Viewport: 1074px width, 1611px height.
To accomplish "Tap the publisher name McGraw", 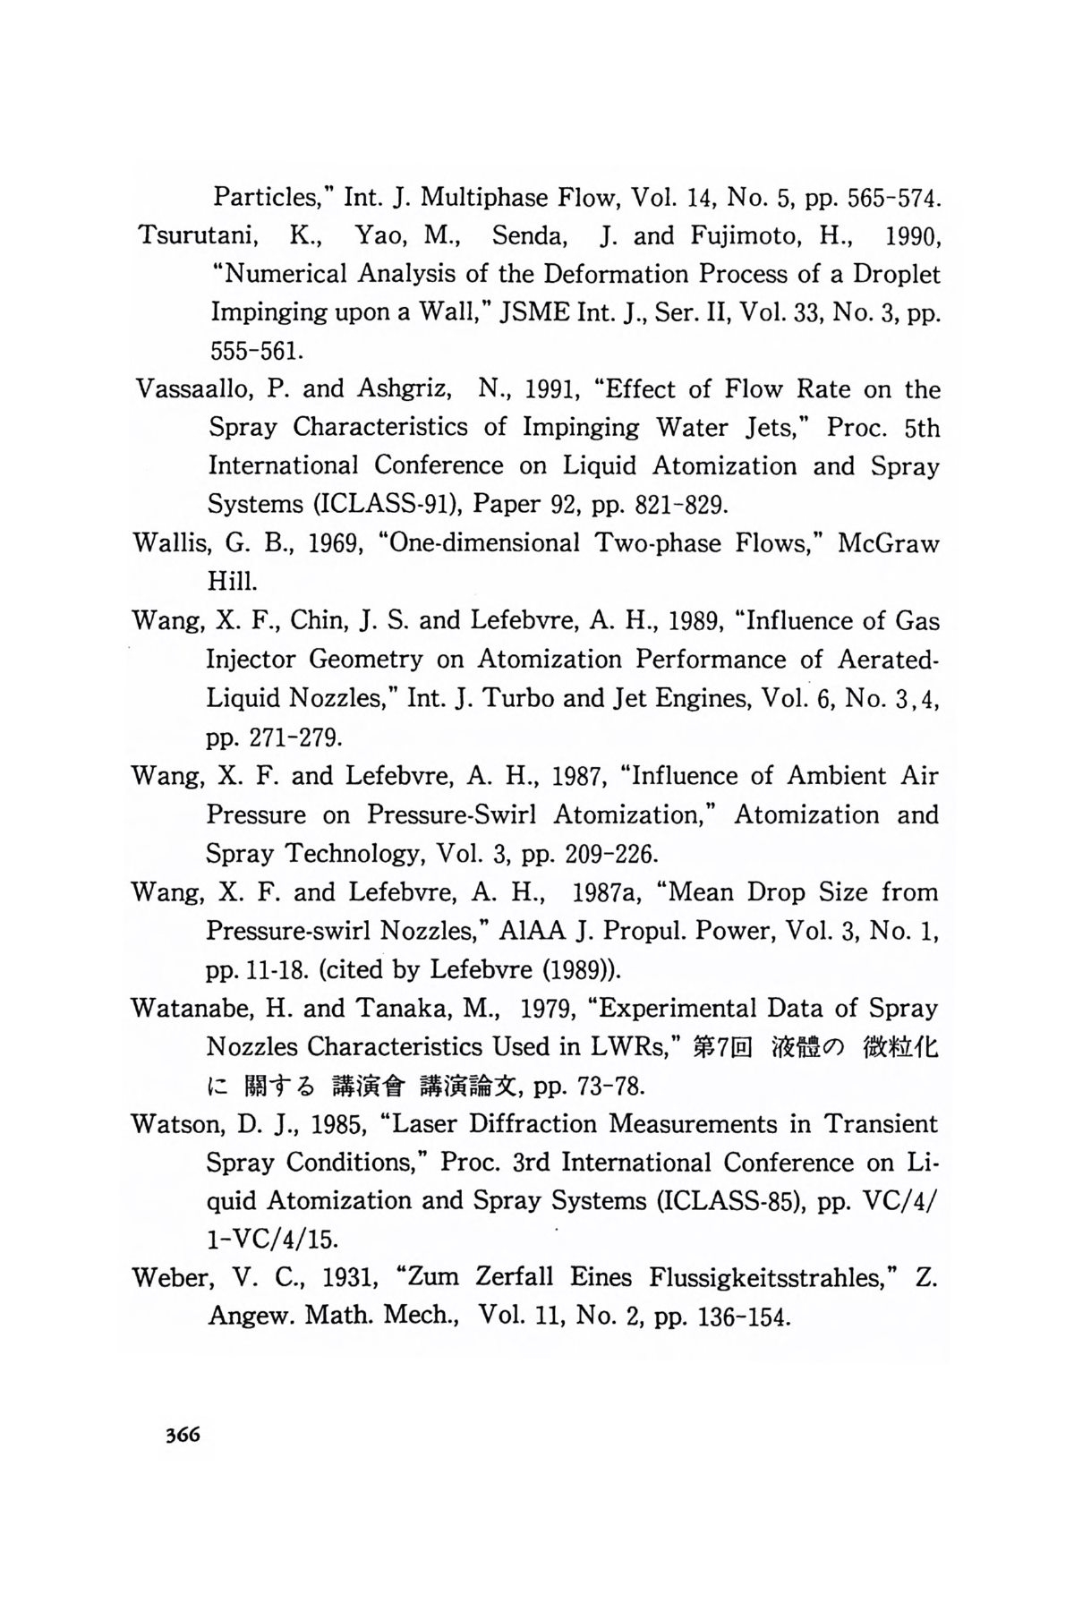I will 888,543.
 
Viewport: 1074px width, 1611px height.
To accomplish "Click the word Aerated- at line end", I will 888,660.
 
